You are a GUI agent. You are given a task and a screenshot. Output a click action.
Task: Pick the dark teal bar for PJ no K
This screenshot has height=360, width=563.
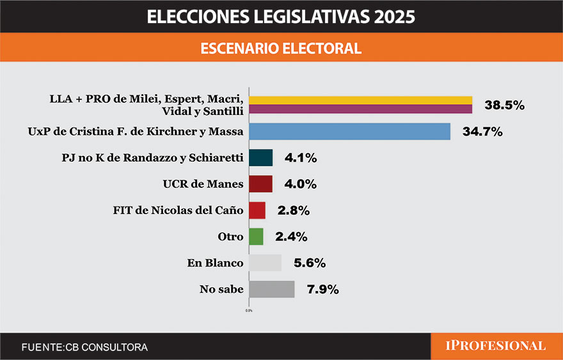point(260,158)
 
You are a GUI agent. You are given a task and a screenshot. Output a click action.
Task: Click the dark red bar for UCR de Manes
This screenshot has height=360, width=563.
point(260,184)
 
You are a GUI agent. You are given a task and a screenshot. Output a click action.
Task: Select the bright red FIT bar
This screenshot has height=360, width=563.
point(257,210)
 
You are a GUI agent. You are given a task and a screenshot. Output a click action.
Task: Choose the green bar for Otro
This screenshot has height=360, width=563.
point(256,237)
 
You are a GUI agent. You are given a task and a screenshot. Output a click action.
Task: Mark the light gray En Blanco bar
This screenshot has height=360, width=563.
point(265,263)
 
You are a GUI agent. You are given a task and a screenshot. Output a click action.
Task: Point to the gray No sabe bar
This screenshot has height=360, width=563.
point(271,289)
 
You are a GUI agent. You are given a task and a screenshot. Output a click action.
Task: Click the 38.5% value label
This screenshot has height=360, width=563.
point(504,106)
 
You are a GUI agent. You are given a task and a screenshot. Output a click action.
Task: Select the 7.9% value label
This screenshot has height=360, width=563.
point(322,290)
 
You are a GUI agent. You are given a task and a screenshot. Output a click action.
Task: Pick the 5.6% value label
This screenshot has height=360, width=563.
point(310,263)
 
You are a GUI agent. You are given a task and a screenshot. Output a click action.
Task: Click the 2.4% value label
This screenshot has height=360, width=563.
point(291,237)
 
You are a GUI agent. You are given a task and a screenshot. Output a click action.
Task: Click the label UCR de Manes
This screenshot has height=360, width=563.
point(203,184)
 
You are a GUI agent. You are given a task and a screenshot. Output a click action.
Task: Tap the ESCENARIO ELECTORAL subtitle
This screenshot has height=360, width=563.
point(281,49)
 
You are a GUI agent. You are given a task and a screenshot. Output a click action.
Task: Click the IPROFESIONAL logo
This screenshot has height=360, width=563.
point(496,346)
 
